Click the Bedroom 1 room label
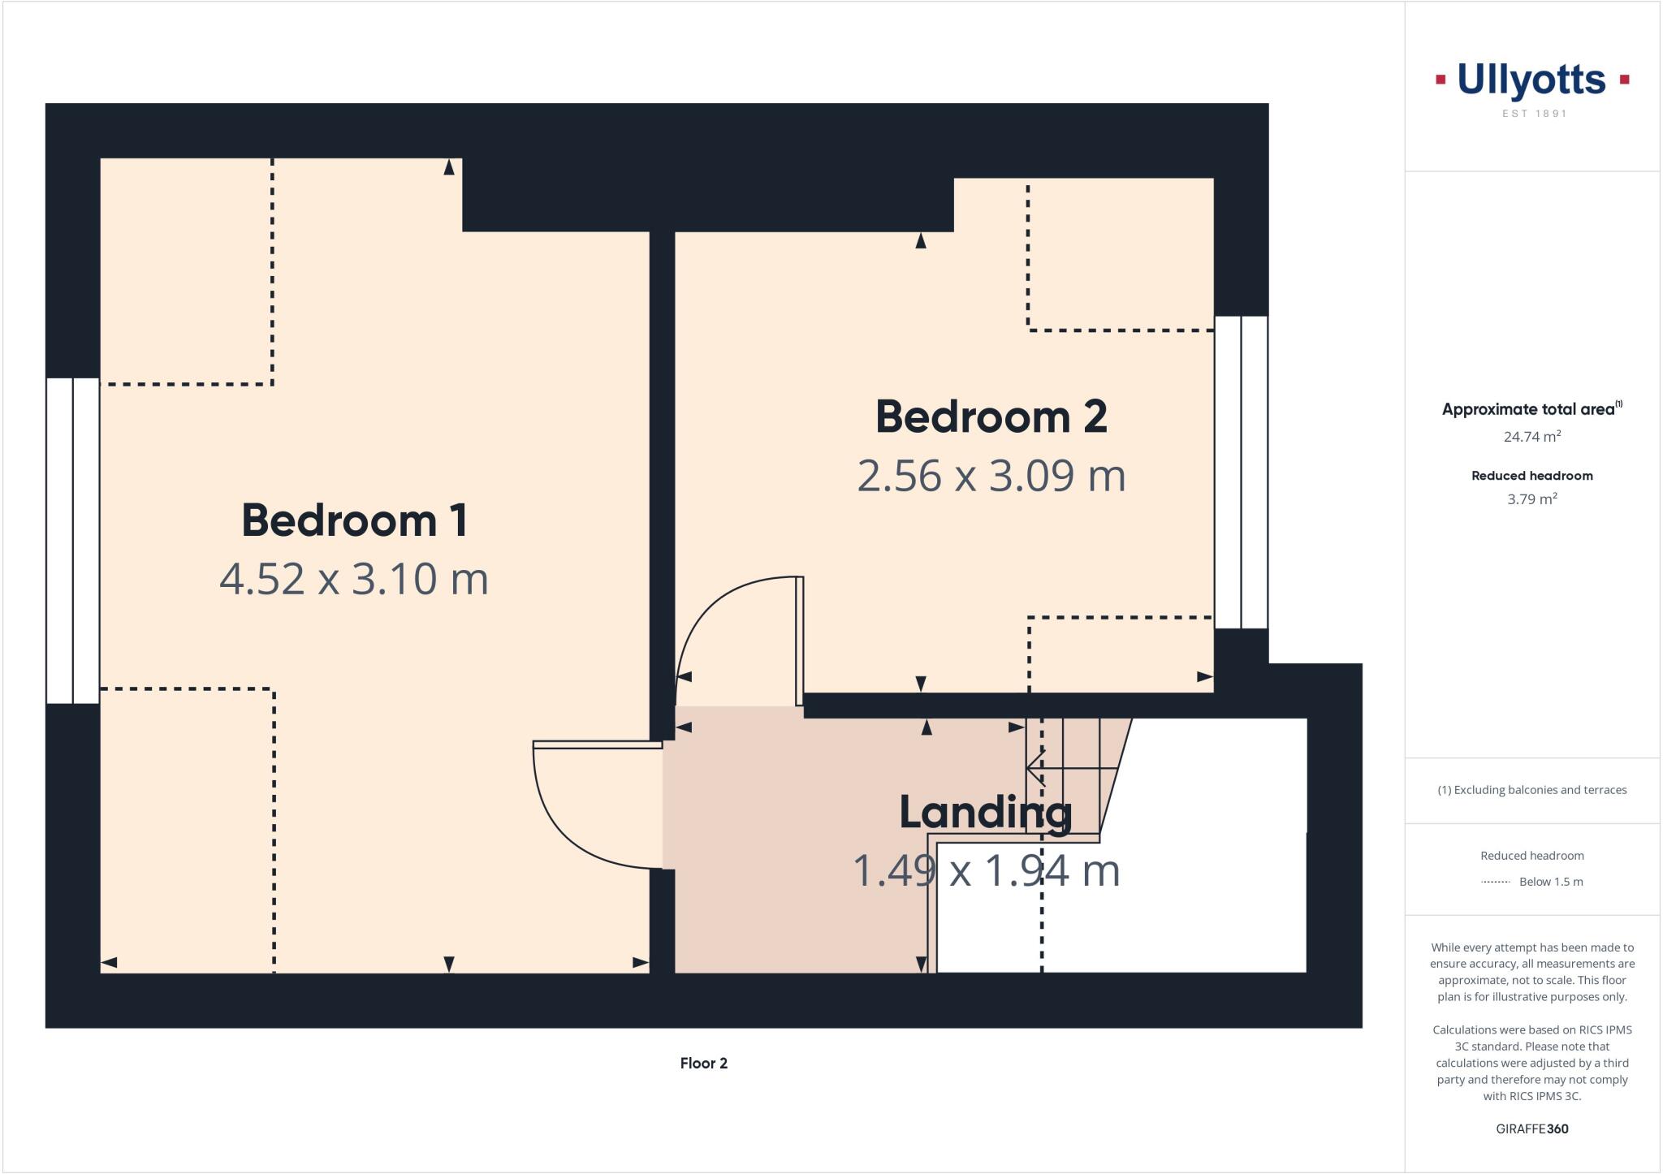[355, 520]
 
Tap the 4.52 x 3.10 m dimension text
[354, 579]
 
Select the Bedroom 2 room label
[991, 417]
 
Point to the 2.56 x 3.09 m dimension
[991, 476]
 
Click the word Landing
[985, 812]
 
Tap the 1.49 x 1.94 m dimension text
[986, 870]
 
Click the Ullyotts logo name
[1531, 80]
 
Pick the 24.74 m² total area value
[1532, 437]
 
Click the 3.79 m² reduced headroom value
[1532, 499]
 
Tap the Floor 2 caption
[704, 1064]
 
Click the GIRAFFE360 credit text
[1532, 1129]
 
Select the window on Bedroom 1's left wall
[73, 541]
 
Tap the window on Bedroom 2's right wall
[1241, 473]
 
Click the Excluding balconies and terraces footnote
[1532, 790]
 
